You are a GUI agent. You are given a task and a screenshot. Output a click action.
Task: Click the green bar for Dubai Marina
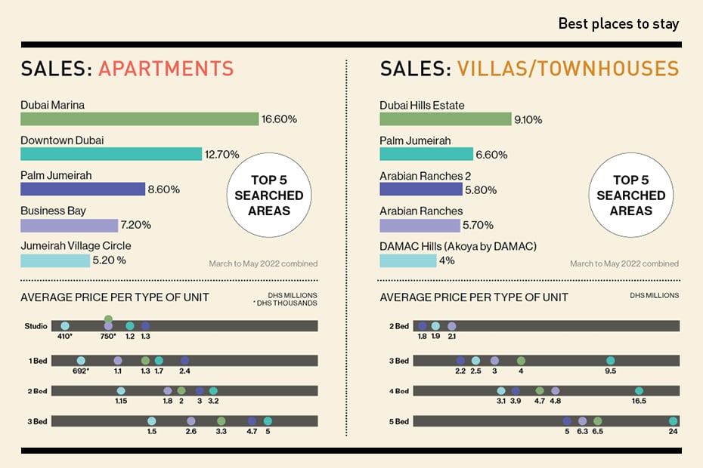(x=139, y=119)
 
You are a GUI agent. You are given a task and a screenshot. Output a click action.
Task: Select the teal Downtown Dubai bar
(x=111, y=154)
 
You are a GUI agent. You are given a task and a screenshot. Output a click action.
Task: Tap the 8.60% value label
(x=164, y=189)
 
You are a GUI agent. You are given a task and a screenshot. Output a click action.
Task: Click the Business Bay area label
(x=53, y=211)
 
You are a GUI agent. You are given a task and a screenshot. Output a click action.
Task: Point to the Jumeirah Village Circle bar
(x=55, y=260)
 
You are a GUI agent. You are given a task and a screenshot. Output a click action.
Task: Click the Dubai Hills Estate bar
(x=445, y=119)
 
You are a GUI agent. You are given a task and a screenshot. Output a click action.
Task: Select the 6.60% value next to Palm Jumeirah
(x=491, y=155)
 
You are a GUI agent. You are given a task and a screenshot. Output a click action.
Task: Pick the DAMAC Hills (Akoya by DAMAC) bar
(x=407, y=260)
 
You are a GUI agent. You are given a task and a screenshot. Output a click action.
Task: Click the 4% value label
(x=447, y=261)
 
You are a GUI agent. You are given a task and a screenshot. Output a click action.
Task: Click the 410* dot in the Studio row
(x=64, y=325)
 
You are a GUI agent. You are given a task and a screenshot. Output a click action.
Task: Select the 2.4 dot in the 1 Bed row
(x=184, y=361)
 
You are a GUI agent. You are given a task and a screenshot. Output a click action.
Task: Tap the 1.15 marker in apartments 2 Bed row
(x=121, y=390)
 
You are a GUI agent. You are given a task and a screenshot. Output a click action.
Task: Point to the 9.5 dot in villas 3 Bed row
(x=610, y=361)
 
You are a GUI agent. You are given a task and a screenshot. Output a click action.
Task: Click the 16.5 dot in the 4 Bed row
(x=639, y=391)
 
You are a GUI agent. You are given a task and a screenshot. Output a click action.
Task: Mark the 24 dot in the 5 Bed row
(x=673, y=421)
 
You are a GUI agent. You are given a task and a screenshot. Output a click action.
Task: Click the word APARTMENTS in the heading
(x=166, y=69)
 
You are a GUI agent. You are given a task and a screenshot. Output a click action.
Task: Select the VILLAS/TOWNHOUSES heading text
(x=568, y=69)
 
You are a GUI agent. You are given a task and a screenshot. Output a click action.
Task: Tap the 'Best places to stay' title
(x=618, y=23)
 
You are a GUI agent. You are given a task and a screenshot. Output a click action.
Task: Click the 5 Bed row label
(x=398, y=421)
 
